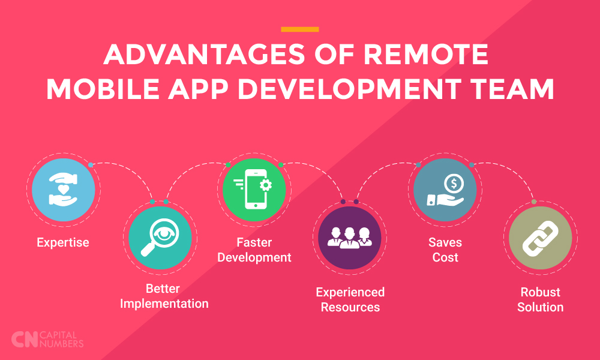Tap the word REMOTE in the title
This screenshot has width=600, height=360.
(x=425, y=55)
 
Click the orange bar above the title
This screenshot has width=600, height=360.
(x=299, y=29)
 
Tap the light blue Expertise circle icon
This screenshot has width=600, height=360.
(x=64, y=190)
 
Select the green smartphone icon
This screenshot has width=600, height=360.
(x=254, y=190)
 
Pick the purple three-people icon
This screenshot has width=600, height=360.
(x=350, y=238)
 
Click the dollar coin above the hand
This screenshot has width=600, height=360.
(x=454, y=184)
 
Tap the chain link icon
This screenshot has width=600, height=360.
(x=541, y=238)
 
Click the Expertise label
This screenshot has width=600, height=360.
(x=63, y=242)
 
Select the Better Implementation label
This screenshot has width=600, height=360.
(x=164, y=296)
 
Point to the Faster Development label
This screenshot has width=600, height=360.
(x=254, y=250)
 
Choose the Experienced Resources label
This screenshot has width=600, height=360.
(x=350, y=299)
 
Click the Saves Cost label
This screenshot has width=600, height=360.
(x=445, y=250)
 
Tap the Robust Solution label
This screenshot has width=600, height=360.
(x=541, y=299)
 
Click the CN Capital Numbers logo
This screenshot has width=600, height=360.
(x=47, y=340)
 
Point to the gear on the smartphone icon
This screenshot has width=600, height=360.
(x=266, y=185)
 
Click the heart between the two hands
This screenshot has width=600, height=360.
(x=64, y=189)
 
